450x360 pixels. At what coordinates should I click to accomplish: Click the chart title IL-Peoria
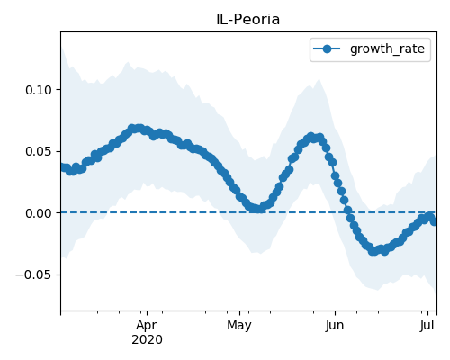[x=247, y=20]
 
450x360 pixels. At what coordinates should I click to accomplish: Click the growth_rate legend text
[x=387, y=49]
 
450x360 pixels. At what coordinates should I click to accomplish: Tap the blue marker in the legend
[x=327, y=49]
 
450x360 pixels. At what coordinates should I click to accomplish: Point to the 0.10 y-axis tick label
[x=39, y=90]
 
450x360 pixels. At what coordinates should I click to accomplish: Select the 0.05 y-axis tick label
[x=39, y=151]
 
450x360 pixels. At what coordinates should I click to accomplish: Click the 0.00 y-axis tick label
[x=39, y=213]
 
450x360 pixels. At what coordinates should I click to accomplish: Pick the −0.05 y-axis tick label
[x=34, y=274]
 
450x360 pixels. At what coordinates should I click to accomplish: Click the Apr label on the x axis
[x=147, y=326]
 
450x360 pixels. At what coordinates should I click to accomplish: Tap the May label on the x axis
[x=239, y=326]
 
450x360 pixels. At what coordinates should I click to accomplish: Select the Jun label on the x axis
[x=335, y=326]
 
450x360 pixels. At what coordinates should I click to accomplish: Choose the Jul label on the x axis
[x=427, y=326]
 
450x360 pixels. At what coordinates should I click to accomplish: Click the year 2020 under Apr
[x=147, y=340]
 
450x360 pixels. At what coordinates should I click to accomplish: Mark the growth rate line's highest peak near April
[x=136, y=129]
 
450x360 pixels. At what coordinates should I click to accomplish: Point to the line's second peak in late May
[x=311, y=137]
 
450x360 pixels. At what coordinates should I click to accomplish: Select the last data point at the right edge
[x=434, y=221]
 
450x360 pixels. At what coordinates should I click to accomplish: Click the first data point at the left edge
[x=62, y=166]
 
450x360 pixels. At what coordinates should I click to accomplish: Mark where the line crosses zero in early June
[x=348, y=212]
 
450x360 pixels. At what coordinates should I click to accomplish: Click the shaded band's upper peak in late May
[x=319, y=79]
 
